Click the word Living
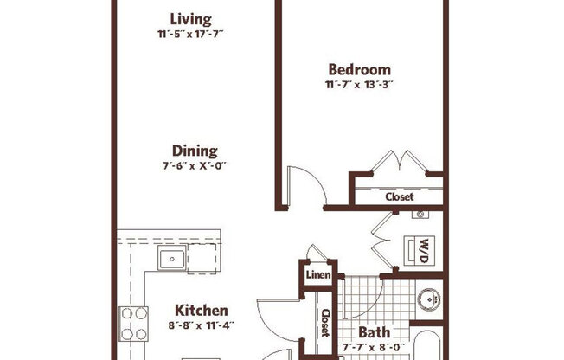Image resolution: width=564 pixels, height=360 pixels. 190,19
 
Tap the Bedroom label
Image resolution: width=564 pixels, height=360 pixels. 359,69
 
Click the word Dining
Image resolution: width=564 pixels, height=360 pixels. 195,150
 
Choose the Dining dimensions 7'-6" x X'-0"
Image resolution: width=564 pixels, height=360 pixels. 195,165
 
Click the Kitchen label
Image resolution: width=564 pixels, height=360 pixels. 202,310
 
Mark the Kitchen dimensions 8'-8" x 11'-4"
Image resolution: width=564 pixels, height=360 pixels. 202,326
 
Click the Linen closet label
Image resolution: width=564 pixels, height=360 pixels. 316,275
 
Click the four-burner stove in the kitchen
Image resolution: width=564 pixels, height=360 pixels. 133,323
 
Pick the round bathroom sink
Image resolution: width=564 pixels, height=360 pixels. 427,300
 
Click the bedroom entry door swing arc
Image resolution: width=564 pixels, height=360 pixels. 306,183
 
